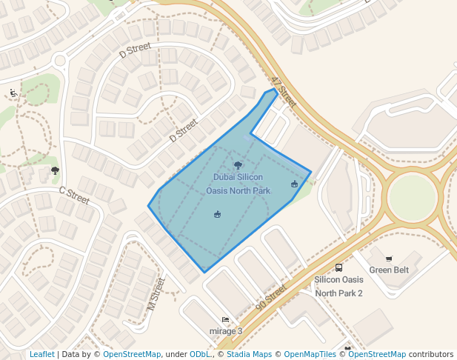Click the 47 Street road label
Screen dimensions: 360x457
(x=284, y=92)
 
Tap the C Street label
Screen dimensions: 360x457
(x=73, y=196)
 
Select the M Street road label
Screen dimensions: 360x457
(x=155, y=294)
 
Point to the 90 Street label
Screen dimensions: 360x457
(x=270, y=297)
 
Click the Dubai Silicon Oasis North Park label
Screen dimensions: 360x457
(x=238, y=184)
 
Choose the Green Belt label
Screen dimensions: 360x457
(x=389, y=270)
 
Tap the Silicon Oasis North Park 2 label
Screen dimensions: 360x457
(x=338, y=286)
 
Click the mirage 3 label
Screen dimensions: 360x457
(x=226, y=330)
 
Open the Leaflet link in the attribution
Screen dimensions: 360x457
(x=42, y=354)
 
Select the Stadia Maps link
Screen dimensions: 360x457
(x=249, y=354)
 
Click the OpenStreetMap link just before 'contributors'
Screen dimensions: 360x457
(x=377, y=354)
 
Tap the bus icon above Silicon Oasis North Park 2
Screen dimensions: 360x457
(x=338, y=267)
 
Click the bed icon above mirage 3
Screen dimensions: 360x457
(x=226, y=319)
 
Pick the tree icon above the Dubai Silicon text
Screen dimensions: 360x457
(x=238, y=166)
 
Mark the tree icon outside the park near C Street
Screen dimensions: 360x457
(x=55, y=170)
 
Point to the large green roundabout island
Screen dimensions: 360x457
(x=413, y=196)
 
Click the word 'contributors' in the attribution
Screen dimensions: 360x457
(x=431, y=354)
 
